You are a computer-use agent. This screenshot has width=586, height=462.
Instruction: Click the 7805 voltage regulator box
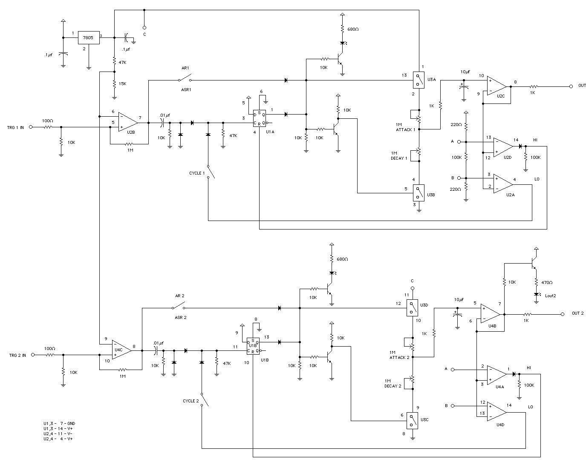(88, 37)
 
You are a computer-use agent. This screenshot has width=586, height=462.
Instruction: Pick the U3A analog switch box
(418, 79)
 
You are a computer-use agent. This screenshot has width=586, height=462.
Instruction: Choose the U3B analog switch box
(418, 192)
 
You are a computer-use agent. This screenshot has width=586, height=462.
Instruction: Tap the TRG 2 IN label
(17, 355)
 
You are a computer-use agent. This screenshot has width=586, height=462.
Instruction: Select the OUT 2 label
(577, 313)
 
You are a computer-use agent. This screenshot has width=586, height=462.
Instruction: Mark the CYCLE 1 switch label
(197, 173)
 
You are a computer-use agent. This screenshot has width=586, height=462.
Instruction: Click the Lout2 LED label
(550, 296)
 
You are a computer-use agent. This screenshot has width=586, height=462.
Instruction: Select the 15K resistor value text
(122, 83)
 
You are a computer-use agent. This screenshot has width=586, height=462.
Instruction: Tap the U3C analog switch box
(412, 420)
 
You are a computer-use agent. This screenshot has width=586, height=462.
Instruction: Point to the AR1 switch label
(185, 68)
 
